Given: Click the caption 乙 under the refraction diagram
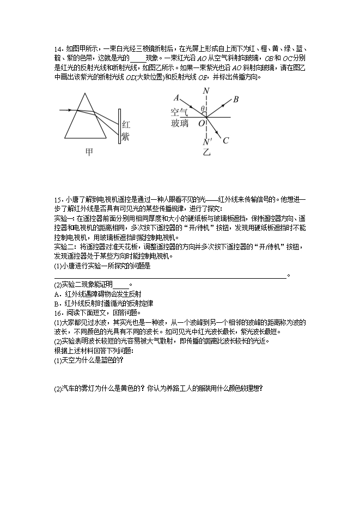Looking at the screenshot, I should tap(206, 152).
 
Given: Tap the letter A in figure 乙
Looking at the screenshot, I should tap(176, 99).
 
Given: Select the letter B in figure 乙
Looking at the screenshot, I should tap(236, 100).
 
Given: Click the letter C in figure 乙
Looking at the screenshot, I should tap(225, 140).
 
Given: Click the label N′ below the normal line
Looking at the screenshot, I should tap(207, 143).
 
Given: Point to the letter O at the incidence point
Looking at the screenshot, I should tap(201, 124).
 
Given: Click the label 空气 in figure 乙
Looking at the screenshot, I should tap(179, 113).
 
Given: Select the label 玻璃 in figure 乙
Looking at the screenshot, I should tap(179, 124).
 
